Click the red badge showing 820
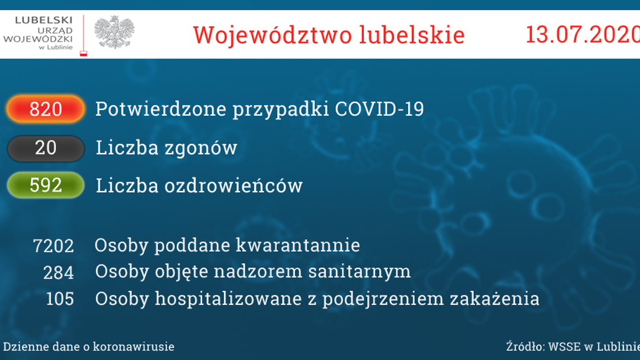[x=45, y=109]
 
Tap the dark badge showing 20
[x=45, y=148]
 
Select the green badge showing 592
[x=45, y=185]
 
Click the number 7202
[x=53, y=246]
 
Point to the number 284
[x=58, y=272]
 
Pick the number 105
[x=60, y=299]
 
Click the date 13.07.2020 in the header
[x=582, y=35]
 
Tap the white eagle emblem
[x=114, y=32]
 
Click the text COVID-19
[x=379, y=109]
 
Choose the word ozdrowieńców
[x=233, y=186]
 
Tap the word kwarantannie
[x=298, y=245]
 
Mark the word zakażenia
[x=494, y=299]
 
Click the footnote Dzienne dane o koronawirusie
[x=88, y=347]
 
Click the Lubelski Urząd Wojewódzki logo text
[x=38, y=32]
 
